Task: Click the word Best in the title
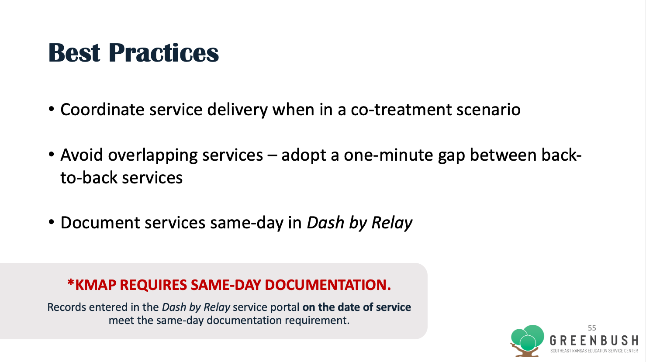[x=74, y=52]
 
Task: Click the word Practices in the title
[x=163, y=52]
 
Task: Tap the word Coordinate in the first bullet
[x=102, y=110]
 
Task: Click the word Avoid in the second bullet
[x=82, y=155]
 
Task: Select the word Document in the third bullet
[x=100, y=223]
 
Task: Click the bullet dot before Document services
[x=52, y=222]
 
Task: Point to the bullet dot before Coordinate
[x=52, y=109]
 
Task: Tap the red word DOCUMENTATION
[x=328, y=285]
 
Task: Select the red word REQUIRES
[x=153, y=285]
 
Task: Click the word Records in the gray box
[x=67, y=307]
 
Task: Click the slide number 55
[x=592, y=328]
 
